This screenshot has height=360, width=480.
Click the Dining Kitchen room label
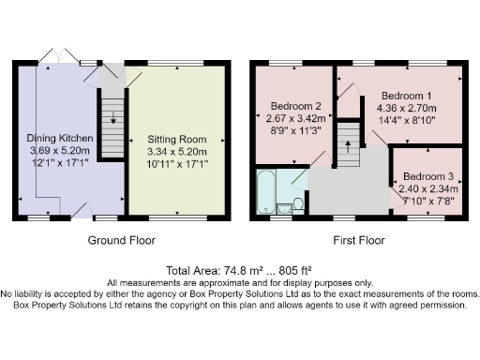click(x=60, y=138)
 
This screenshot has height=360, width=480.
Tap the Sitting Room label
click(x=177, y=140)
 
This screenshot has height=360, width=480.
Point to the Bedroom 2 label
click(x=295, y=106)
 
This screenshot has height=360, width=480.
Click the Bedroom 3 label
click(x=428, y=176)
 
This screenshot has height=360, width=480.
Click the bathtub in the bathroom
click(x=266, y=191)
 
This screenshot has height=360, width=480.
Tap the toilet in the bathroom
click(x=298, y=204)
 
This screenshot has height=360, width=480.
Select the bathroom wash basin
click(x=284, y=209)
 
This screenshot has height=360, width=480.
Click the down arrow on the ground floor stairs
click(x=113, y=117)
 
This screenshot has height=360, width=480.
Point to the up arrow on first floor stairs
click(x=348, y=146)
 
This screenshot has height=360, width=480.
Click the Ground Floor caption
click(x=122, y=240)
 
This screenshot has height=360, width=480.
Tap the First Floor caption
click(x=359, y=240)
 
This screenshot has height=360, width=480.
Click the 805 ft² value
click(x=295, y=270)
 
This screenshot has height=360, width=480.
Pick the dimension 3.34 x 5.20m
click(x=177, y=152)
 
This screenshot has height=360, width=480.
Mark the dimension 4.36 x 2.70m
click(x=407, y=108)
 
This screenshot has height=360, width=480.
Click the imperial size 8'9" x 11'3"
click(x=295, y=130)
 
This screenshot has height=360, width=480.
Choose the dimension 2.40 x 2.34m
click(x=428, y=188)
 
